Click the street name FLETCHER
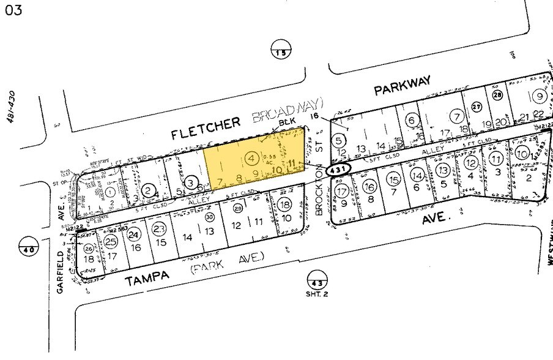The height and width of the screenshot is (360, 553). pyautogui.click(x=205, y=122)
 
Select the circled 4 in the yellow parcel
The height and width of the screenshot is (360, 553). pyautogui.click(x=251, y=159)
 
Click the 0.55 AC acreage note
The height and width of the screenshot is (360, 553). pyautogui.click(x=269, y=158)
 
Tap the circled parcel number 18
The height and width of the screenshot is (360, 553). pyautogui.click(x=284, y=204)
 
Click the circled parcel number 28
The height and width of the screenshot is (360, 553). pyautogui.click(x=497, y=95)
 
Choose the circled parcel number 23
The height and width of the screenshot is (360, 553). pyautogui.click(x=159, y=228)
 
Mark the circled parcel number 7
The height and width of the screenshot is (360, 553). pyautogui.click(x=456, y=115)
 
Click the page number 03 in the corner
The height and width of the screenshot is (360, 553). pyautogui.click(x=13, y=11)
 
